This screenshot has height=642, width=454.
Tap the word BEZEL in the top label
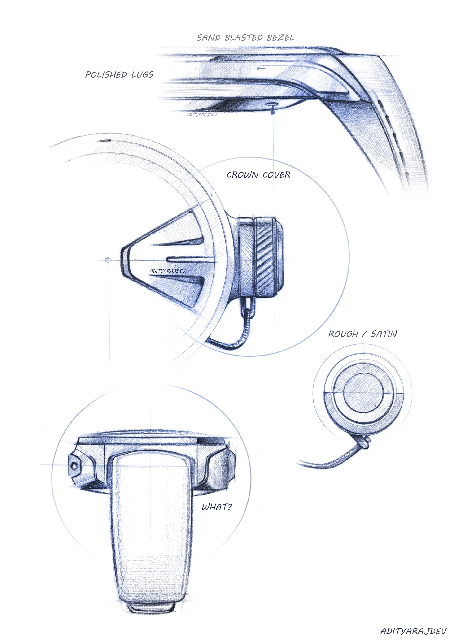(x=280, y=38)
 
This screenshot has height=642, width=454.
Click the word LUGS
(x=142, y=75)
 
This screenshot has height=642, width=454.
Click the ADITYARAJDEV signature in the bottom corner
(x=413, y=631)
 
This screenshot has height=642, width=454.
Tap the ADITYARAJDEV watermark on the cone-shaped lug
(x=167, y=271)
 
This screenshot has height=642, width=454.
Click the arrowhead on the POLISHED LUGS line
(x=262, y=68)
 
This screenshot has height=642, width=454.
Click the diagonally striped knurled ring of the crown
(x=264, y=257)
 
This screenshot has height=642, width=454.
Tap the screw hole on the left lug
(x=74, y=466)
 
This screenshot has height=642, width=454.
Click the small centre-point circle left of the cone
(x=108, y=260)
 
